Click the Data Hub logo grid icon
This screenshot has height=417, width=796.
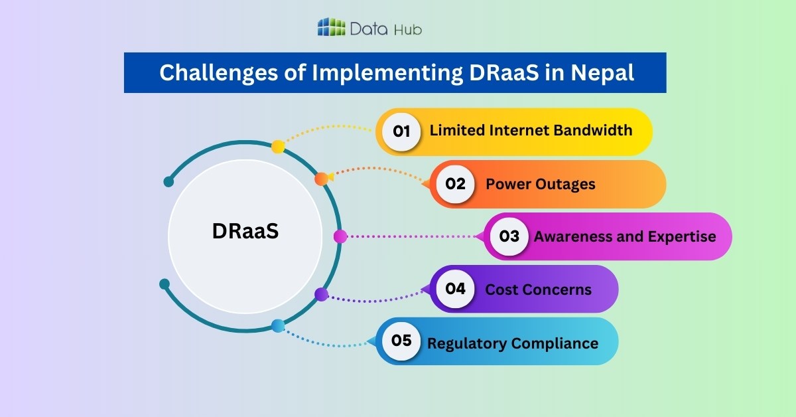click(x=332, y=27)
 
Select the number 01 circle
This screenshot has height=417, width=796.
click(x=401, y=131)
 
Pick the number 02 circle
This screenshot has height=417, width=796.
click(x=455, y=184)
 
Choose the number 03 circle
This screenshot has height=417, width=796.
click(x=509, y=236)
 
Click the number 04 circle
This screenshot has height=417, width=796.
click(x=455, y=289)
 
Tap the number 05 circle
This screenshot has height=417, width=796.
click(x=401, y=341)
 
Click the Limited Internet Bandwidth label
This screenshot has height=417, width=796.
click(x=531, y=130)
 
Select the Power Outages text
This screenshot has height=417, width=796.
click(x=541, y=184)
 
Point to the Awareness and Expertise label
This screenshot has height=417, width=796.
click(x=625, y=236)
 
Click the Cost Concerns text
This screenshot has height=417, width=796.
click(x=538, y=290)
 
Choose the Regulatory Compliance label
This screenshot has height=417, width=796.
click(x=513, y=343)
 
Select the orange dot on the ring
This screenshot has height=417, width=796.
click(x=321, y=178)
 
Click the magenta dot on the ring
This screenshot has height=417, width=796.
click(x=340, y=236)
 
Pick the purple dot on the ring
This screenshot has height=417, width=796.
click(x=321, y=294)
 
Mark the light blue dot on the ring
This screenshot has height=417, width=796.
click(x=278, y=325)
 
